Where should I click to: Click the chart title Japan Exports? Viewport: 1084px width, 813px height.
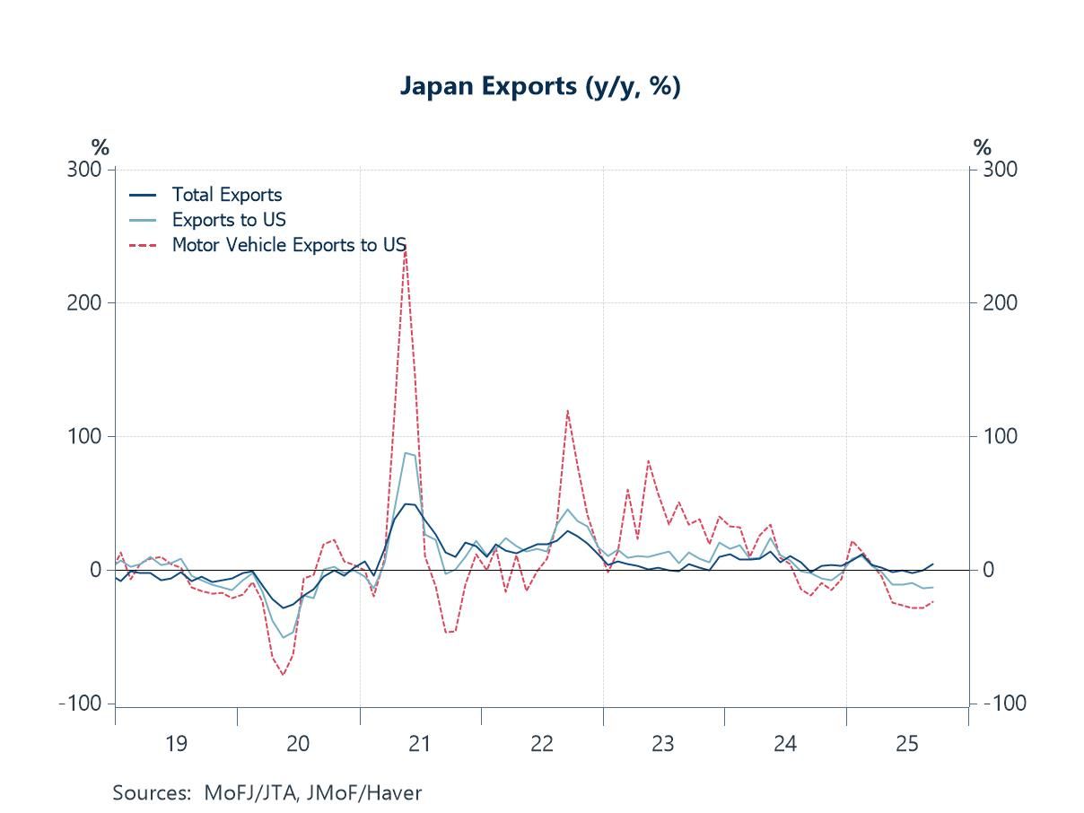(x=540, y=87)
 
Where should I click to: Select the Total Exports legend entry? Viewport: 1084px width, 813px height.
(x=226, y=195)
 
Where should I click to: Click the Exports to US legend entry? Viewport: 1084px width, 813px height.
(x=228, y=220)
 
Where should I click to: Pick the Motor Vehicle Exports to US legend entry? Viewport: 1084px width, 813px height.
(x=288, y=245)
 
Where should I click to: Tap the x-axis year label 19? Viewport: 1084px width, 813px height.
(x=176, y=744)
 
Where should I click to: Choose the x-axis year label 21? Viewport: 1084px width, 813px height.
(x=419, y=744)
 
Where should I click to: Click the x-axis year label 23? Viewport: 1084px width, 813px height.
(x=662, y=744)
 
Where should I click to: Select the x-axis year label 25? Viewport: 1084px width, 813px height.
(x=906, y=744)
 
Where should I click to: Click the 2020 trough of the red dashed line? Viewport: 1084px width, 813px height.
(x=283, y=675)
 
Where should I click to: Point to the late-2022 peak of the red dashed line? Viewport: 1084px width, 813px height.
(x=567, y=411)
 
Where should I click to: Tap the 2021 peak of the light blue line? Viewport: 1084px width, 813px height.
(x=406, y=453)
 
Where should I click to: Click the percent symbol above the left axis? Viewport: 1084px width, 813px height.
(x=100, y=148)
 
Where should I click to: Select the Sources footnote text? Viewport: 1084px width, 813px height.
(x=267, y=792)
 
